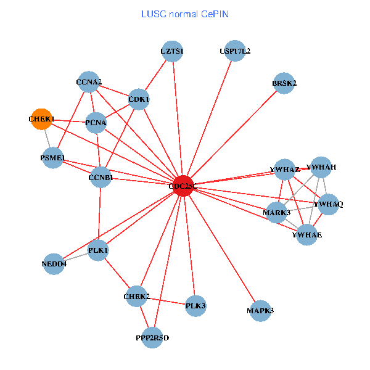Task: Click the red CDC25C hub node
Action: [183, 186]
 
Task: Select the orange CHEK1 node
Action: [42, 119]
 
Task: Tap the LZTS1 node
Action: [173, 52]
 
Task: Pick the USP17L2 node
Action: [235, 52]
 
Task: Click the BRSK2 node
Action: [284, 83]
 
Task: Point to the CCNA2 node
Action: [89, 82]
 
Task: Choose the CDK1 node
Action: [139, 99]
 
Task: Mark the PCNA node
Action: [96, 123]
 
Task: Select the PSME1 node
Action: [52, 158]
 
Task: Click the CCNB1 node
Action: [101, 178]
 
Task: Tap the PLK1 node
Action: [99, 250]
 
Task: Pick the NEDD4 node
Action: [54, 264]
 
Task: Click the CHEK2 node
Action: [137, 297]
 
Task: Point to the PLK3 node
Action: [195, 305]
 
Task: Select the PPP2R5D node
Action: [152, 337]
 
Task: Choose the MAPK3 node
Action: [260, 310]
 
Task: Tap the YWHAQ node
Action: [328, 204]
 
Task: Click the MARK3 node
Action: [277, 213]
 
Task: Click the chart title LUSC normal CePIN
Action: [185, 14]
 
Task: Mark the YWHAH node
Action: [321, 167]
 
